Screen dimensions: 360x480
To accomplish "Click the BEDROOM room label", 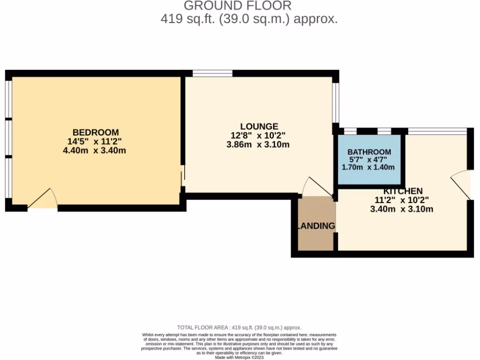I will coord(96,133).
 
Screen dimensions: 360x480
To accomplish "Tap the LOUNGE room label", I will coord(259,127).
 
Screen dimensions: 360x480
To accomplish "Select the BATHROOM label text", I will coord(369,152).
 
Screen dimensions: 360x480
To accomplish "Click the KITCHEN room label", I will coord(403,191).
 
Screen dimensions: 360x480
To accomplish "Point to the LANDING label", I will coord(317,226).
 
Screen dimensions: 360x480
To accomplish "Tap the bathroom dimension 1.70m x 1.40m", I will coord(368,167).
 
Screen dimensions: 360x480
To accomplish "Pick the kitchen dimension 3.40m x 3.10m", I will coord(401,209).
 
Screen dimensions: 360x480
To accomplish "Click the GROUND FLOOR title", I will coord(237,6).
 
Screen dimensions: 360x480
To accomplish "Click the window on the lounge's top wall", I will coord(212,73).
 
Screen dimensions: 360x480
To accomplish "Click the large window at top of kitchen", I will coord(437,131).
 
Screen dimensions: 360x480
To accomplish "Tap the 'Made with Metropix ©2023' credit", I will coord(240,357).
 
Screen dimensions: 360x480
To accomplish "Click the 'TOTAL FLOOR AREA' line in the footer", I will coord(239,328).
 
